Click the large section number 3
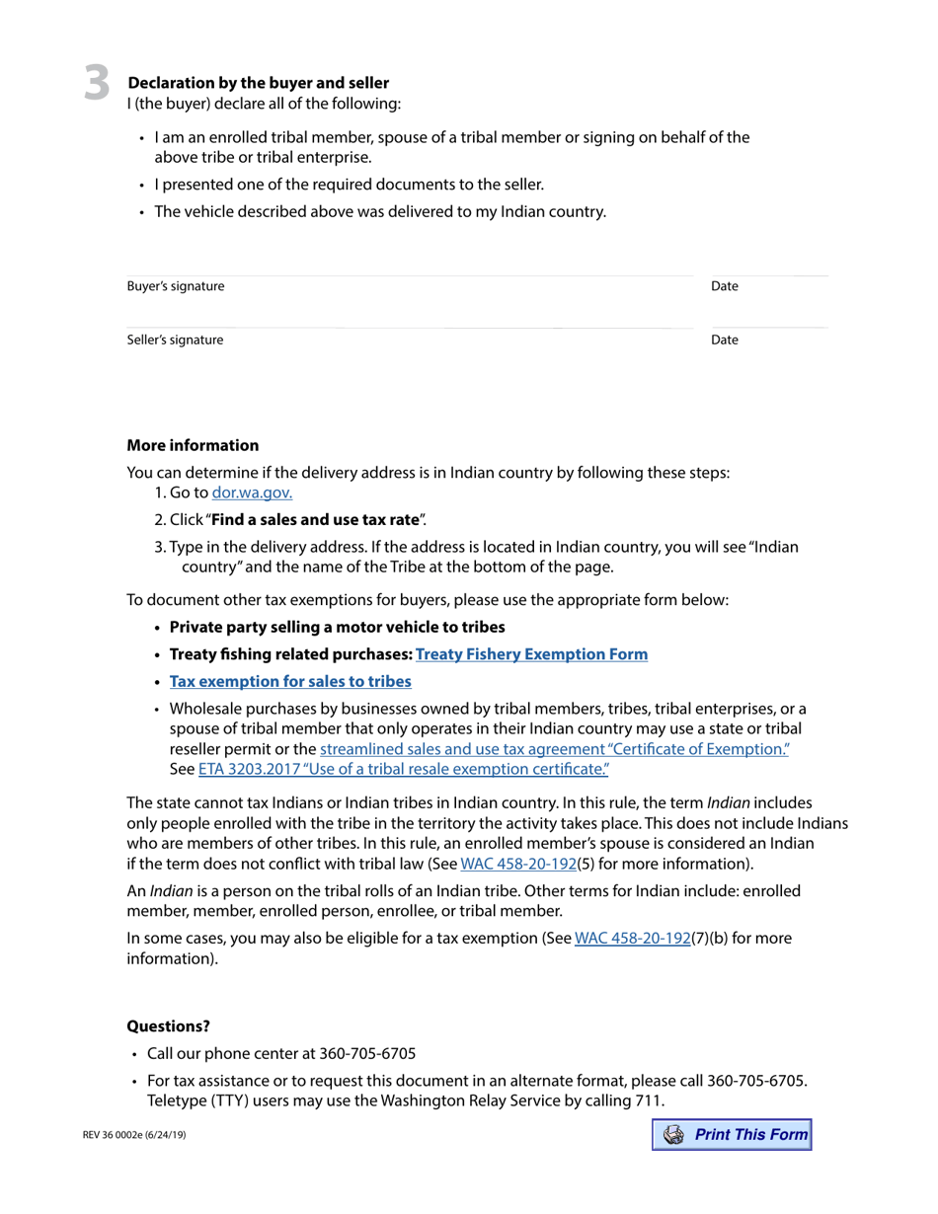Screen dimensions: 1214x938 [96, 83]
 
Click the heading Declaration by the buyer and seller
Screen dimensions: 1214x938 [258, 83]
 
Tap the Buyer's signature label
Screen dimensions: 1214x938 [176, 286]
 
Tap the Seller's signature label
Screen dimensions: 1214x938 [175, 340]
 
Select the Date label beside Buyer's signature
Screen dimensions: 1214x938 [724, 286]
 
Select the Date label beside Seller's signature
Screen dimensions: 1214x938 [724, 340]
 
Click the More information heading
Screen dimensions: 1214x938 [193, 445]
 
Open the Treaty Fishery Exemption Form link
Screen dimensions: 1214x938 [531, 654]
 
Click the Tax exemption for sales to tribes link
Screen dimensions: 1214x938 [290, 681]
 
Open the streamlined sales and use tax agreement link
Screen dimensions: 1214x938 [554, 749]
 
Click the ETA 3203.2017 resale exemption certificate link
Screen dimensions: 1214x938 [403, 769]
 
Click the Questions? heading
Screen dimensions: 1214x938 [168, 1026]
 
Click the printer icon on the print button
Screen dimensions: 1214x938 [674, 1135]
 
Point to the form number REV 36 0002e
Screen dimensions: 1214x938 [134, 1135]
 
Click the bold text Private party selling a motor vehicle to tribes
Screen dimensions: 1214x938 [337, 627]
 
